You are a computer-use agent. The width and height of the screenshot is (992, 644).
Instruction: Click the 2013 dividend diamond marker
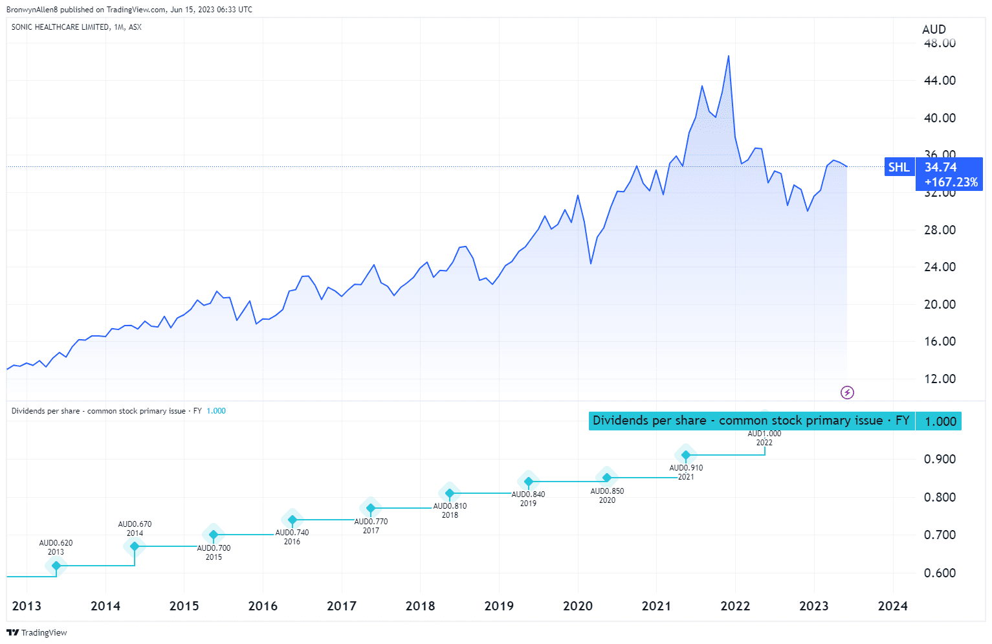pos(56,566)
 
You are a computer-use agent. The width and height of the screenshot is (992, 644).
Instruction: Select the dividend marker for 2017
pos(371,508)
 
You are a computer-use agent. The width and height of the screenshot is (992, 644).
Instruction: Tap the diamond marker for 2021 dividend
pos(686,455)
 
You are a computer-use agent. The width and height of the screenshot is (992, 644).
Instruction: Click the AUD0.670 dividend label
pos(135,524)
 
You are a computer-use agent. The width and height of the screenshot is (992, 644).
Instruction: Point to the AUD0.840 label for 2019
pos(528,494)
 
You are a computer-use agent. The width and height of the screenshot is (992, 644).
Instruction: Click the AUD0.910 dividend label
pos(686,468)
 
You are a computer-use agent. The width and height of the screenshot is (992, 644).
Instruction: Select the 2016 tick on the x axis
pos(263,606)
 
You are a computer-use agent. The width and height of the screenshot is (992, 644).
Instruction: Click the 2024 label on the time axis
pos(892,606)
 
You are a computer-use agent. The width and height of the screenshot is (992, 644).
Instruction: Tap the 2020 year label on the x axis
pos(577,606)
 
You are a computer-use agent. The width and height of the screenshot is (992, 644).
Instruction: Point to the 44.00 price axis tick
pos(940,80)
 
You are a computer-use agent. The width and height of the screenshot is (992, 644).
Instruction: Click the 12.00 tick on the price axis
pos(940,379)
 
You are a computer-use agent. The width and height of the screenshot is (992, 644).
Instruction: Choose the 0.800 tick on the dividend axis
pos(940,497)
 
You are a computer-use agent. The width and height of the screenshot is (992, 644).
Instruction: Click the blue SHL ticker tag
pos(899,167)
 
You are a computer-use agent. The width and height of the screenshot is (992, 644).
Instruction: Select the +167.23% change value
pos(951,183)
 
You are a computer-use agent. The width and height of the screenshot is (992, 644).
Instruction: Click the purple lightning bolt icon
pos(847,392)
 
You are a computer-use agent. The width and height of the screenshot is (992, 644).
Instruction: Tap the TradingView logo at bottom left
pos(37,632)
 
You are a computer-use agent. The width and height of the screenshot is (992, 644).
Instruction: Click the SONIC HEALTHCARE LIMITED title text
pos(60,27)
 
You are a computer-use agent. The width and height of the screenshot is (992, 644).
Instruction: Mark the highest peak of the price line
pos(729,56)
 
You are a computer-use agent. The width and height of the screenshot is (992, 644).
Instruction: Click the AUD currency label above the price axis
pos(934,29)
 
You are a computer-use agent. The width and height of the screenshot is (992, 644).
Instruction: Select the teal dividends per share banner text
pos(751,421)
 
